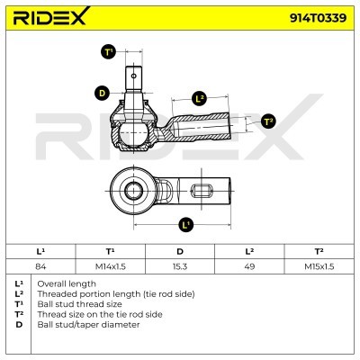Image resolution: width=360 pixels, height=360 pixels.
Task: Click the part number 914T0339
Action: pos(318,18)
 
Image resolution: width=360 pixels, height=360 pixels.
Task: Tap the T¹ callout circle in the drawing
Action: pos(108,52)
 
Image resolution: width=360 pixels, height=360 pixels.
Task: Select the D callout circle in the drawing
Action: pos(103,93)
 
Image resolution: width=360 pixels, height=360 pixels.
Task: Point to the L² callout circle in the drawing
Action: pos(200,99)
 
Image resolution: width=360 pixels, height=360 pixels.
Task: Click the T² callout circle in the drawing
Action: pos(268,121)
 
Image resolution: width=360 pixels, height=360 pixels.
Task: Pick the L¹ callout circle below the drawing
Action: pos(186,224)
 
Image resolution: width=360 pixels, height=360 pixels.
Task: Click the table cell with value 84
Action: pos(40,266)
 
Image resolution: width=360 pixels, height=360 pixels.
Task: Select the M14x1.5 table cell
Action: pos(111,266)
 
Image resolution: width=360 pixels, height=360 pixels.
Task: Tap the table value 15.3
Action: pos(180,266)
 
